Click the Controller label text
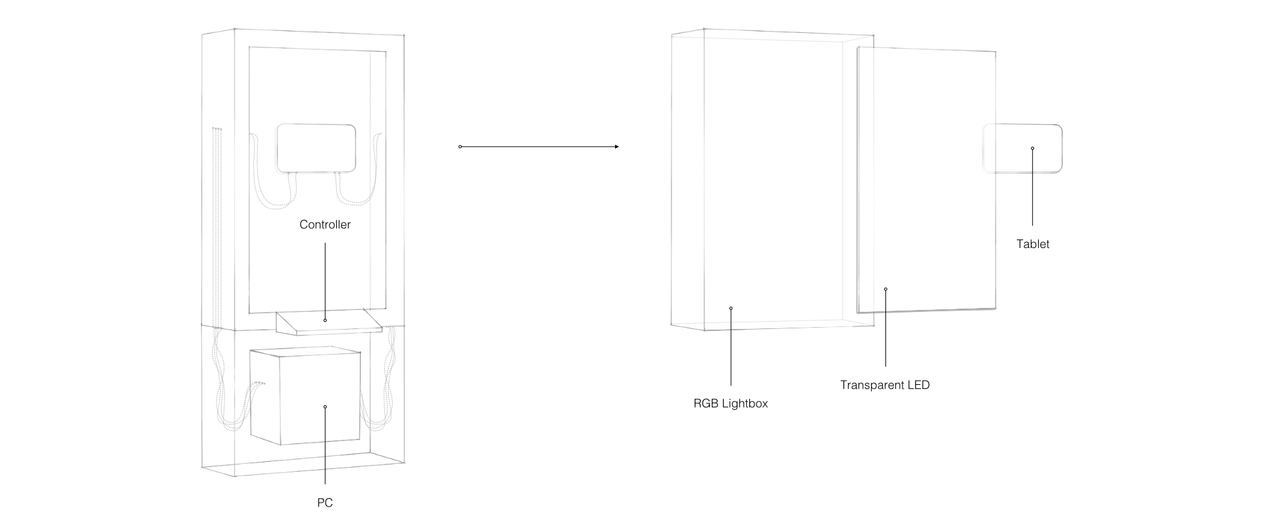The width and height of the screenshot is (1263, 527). click(325, 224)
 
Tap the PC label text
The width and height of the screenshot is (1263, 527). click(325, 503)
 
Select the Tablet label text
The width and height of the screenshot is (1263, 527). click(1033, 244)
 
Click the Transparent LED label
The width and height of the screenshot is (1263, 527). click(885, 385)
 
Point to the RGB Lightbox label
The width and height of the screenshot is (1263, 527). click(730, 403)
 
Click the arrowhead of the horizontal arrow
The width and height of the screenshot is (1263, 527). click(616, 147)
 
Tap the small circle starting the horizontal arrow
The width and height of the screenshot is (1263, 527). click(460, 147)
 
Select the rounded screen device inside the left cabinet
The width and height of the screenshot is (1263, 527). click(316, 148)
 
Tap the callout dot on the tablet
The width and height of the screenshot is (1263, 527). click(1033, 149)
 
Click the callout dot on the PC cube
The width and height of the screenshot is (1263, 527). click(325, 407)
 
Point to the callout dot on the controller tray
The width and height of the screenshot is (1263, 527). click(325, 320)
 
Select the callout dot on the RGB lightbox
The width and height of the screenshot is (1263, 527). click(731, 308)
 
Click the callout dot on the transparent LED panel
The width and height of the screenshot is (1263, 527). click(885, 289)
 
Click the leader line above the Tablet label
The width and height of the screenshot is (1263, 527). click(1033, 191)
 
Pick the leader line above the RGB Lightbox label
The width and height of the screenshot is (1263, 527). click(731, 349)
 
